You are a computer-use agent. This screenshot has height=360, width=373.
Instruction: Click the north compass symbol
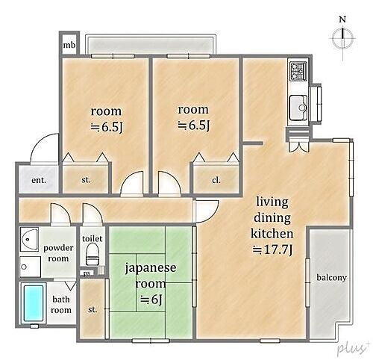point(342,38)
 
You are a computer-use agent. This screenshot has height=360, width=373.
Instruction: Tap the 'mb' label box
point(69,46)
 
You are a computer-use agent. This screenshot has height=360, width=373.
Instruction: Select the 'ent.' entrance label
point(39,180)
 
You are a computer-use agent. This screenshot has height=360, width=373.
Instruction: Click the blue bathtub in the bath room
point(34,304)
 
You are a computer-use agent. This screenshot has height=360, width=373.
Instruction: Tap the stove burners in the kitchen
point(298,71)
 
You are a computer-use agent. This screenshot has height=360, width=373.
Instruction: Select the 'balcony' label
point(332,278)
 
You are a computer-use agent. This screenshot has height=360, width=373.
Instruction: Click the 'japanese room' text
point(150,273)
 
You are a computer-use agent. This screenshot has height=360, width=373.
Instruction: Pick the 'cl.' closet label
point(216,180)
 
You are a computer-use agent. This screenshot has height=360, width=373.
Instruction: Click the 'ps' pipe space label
point(87,273)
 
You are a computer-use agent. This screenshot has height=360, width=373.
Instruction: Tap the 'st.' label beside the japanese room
point(93,309)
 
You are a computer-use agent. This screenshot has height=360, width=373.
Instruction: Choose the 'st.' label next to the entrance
point(86,180)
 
